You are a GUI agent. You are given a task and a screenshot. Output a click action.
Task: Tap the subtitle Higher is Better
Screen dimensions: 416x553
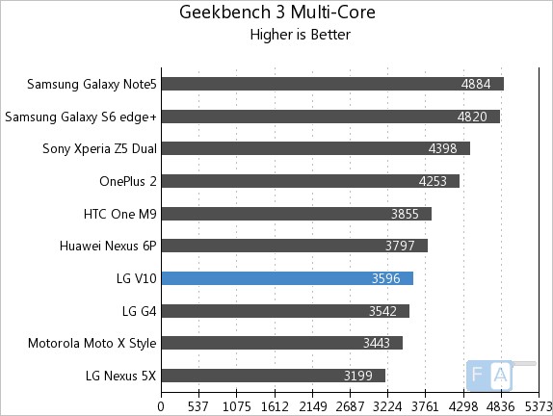[300, 36]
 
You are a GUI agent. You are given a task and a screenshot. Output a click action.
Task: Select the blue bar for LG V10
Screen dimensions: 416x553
[287, 278]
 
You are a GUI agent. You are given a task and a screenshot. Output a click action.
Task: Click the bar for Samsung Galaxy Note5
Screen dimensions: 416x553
[332, 84]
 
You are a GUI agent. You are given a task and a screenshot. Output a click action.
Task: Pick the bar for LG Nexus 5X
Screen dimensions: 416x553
[273, 376]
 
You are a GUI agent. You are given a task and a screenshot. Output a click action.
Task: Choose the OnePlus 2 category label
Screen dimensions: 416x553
[127, 181]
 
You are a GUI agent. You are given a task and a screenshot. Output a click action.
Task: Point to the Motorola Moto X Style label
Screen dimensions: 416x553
[92, 343]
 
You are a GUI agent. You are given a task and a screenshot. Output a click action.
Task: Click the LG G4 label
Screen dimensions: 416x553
[139, 310]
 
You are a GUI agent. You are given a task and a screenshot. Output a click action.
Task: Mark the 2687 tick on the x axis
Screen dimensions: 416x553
[350, 405]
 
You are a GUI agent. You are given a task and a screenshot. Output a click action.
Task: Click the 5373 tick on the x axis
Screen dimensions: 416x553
[538, 405]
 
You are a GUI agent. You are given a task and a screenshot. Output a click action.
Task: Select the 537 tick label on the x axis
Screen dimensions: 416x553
[199, 405]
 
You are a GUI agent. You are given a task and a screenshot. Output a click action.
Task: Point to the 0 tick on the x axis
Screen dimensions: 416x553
[162, 405]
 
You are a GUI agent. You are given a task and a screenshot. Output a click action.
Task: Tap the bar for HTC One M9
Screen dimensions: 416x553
[296, 214]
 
